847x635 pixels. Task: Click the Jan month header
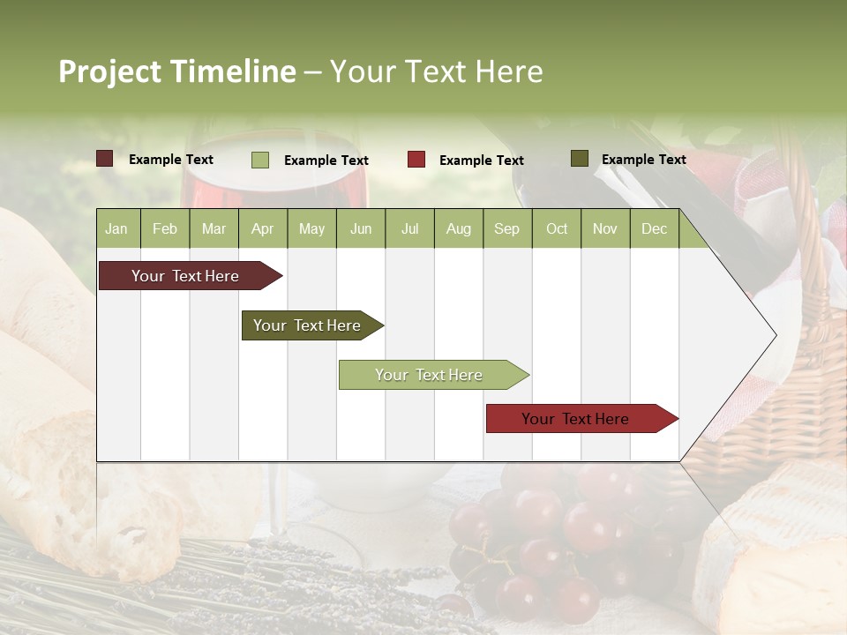(116, 228)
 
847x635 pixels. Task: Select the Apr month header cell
(263, 228)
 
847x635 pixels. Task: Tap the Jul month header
(409, 228)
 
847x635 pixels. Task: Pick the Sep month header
(506, 228)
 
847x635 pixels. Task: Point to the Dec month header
(654, 228)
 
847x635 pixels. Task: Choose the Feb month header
(165, 228)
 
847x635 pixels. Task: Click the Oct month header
(557, 228)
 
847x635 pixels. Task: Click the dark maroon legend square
(105, 159)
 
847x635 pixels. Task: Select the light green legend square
(260, 160)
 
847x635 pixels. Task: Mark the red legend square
(416, 160)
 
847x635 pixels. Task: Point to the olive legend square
(579, 159)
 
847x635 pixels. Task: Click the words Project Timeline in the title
(176, 71)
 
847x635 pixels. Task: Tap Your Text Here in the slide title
(436, 71)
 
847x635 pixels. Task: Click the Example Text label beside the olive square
(643, 159)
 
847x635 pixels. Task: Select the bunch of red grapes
(547, 538)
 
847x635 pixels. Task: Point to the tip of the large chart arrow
(775, 334)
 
